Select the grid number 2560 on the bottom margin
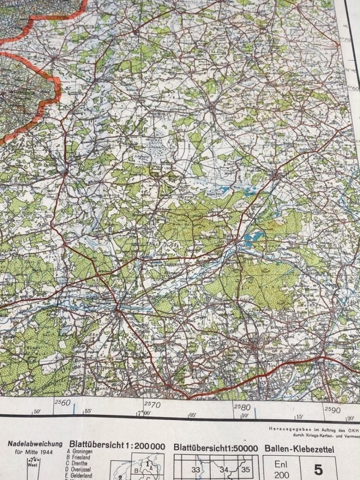click(x=62, y=403)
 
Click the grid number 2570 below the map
click(x=152, y=404)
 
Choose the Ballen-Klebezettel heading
click(x=299, y=449)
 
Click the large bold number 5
click(x=319, y=469)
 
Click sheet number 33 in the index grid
click(x=195, y=470)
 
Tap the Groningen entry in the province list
click(x=84, y=453)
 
